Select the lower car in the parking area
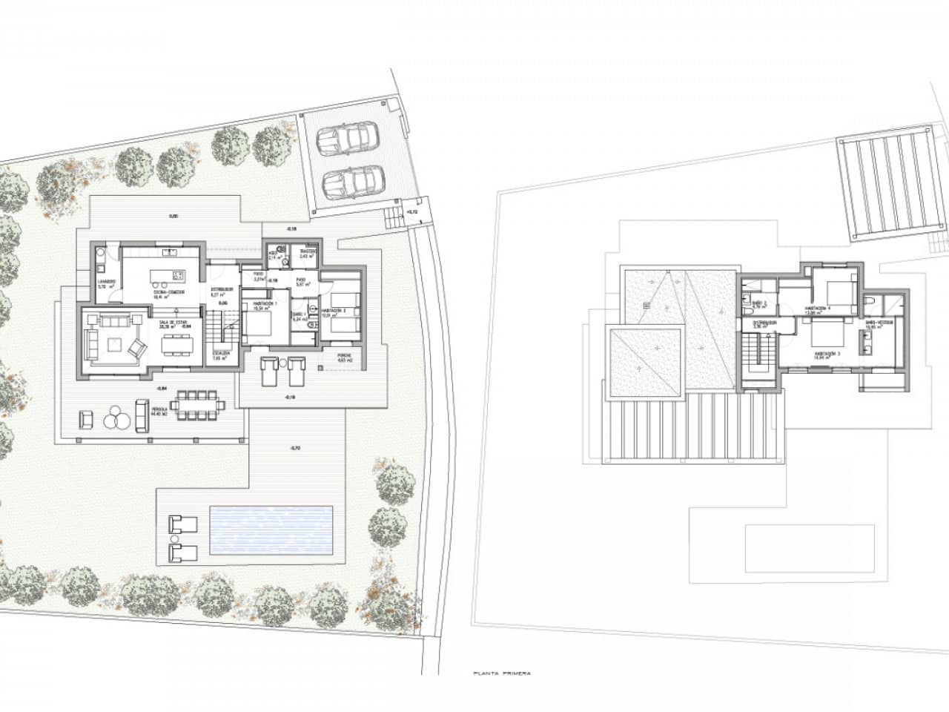[348, 180]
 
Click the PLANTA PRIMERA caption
[502, 674]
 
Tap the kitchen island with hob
[168, 276]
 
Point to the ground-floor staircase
[214, 325]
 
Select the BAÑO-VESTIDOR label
[880, 323]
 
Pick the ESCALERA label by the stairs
[220, 355]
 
